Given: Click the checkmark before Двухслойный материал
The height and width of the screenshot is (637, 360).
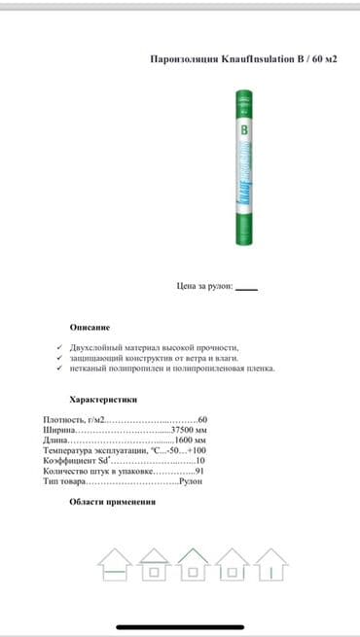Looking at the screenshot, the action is [x=60, y=347].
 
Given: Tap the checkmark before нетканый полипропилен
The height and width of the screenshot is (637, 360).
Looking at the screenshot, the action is [x=60, y=368].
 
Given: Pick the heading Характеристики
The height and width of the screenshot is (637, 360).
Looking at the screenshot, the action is [x=104, y=399].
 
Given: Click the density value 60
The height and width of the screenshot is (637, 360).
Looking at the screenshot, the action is [x=201, y=419].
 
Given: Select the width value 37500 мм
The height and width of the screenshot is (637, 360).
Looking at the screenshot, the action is [x=189, y=430].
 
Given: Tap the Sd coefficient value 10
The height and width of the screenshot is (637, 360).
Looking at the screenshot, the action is [x=199, y=461].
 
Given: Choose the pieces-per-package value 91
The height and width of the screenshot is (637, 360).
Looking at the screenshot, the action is [x=198, y=472].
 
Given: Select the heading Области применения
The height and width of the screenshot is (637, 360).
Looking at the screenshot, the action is [x=113, y=503].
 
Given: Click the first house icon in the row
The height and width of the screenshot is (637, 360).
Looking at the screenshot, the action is [x=114, y=564].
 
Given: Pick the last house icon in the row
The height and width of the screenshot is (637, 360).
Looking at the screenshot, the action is [x=269, y=564].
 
